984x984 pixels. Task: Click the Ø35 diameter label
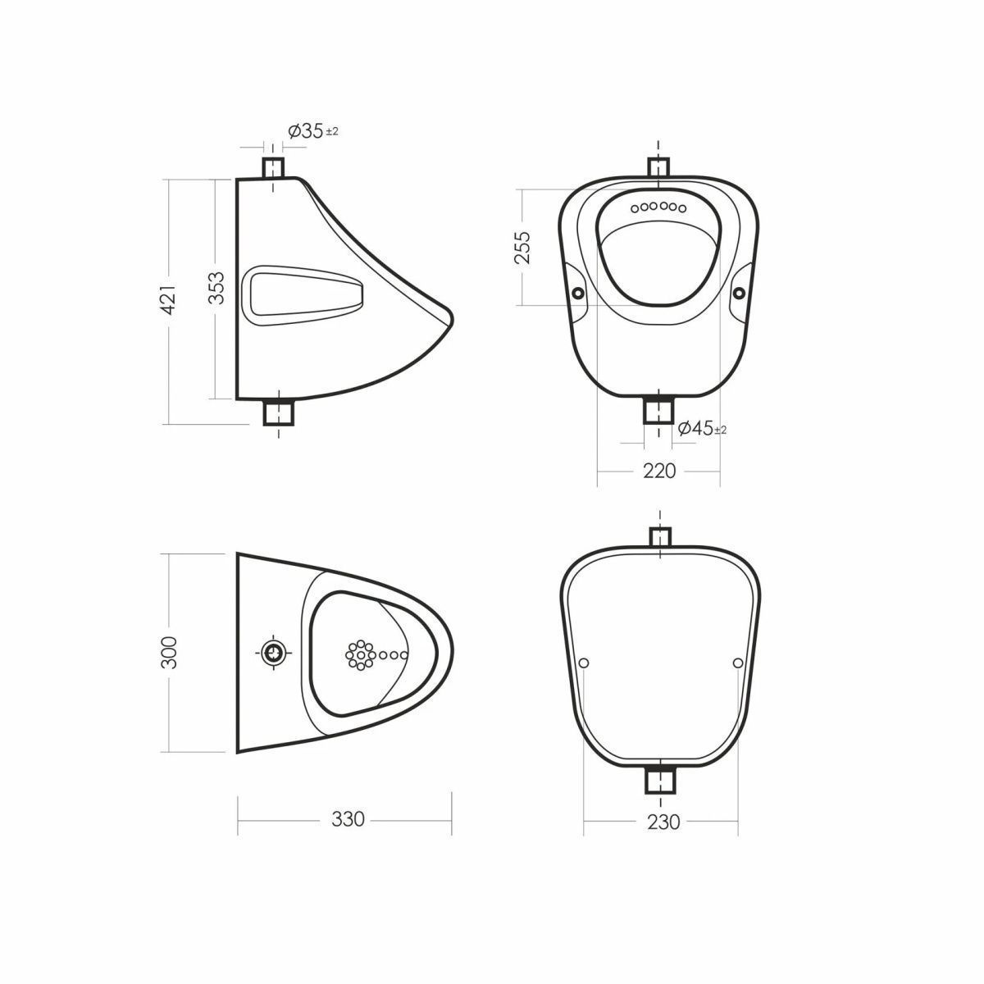tap(313, 131)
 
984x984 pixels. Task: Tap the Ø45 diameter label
tap(702, 428)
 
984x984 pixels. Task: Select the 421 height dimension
tap(169, 300)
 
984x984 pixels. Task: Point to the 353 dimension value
tap(216, 288)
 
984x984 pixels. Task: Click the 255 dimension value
tap(522, 248)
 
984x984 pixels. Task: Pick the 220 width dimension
tap(659, 471)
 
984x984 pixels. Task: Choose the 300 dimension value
tap(169, 652)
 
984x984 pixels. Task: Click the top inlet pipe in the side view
tap(273, 168)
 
